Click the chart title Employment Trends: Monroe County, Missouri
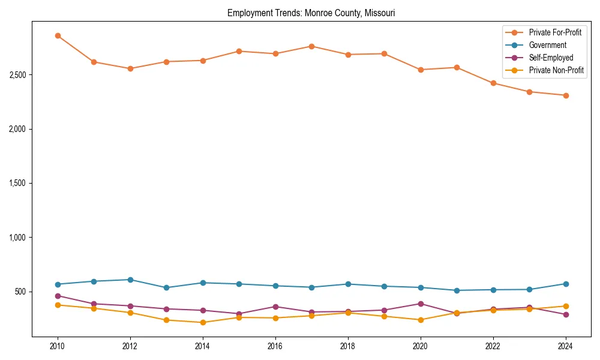coord(311,13)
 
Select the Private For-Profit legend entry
coord(555,32)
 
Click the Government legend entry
coord(547,45)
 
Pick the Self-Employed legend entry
coord(551,58)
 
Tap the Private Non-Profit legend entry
coord(556,70)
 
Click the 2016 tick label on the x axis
coord(275,346)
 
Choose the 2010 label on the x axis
coord(58,346)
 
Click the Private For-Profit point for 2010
coord(58,35)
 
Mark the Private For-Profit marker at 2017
coord(311,46)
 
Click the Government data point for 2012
coord(130,280)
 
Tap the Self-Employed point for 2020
coord(421,304)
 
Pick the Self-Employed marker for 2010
coord(58,296)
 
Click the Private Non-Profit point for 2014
coord(203,322)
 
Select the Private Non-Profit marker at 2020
coord(421,320)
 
